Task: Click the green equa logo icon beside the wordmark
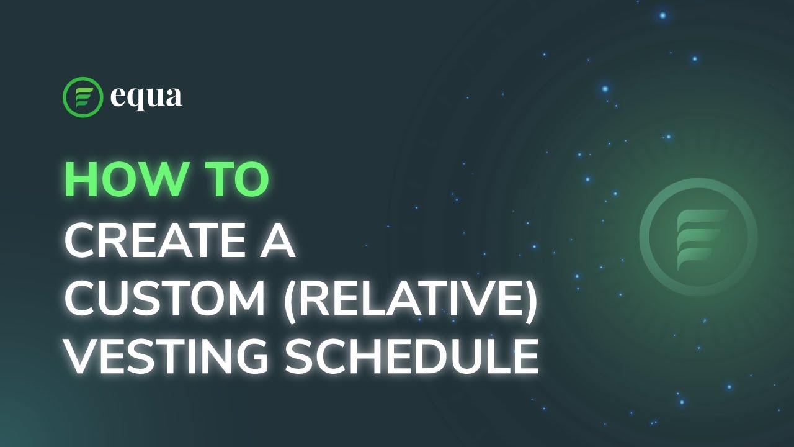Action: tap(83, 97)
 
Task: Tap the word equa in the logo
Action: tap(146, 97)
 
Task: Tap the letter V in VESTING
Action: tap(81, 358)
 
